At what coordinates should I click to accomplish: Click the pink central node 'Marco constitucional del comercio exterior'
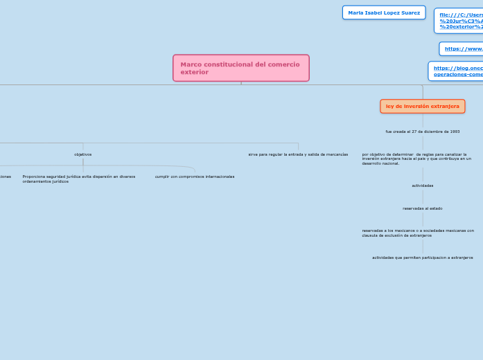240,68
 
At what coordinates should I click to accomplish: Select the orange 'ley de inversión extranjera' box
422,106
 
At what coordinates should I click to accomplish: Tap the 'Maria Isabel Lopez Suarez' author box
383,12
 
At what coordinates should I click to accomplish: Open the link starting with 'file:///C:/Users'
460,20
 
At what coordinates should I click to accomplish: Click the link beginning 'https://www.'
462,48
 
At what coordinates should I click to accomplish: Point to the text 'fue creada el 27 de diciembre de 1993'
422,132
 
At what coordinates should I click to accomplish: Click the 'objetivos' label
83,154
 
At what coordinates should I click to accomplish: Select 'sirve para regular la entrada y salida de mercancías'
298,154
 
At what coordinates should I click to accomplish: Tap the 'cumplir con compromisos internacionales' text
195,177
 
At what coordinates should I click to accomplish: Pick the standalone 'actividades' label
422,186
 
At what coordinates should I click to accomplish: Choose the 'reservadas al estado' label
422,208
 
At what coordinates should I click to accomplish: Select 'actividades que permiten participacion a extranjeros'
422,258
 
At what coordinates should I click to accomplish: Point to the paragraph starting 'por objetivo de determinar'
416,159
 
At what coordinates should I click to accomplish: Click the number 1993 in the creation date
454,132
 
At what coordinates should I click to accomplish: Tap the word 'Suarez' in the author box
409,12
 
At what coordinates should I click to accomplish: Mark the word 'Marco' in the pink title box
189,64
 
